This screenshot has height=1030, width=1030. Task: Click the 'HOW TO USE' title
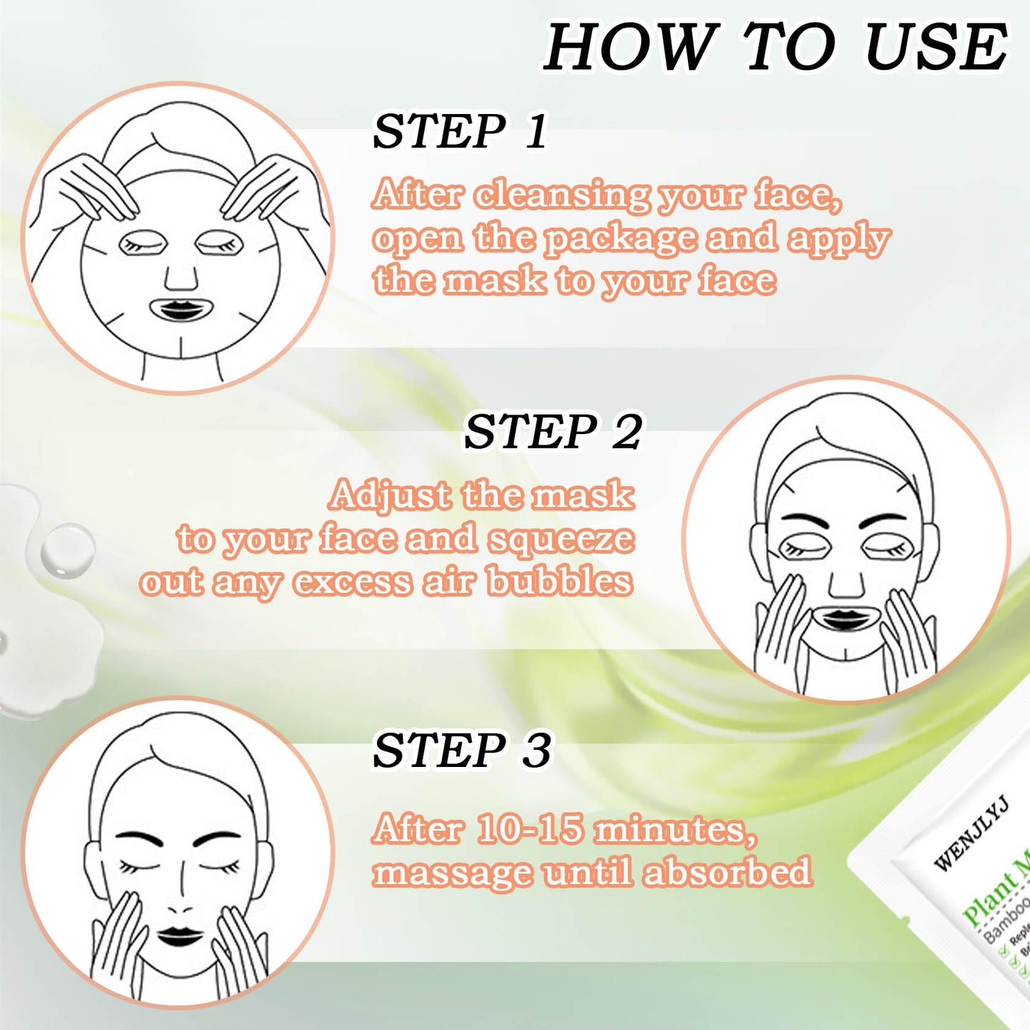click(x=776, y=47)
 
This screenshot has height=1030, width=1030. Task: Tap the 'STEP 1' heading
click(x=460, y=131)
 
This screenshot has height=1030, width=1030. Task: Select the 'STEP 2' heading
click(x=552, y=432)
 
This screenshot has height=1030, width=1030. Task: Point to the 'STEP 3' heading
click(x=462, y=751)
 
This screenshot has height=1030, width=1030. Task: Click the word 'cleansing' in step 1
click(x=562, y=195)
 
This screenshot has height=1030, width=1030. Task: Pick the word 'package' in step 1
click(x=620, y=240)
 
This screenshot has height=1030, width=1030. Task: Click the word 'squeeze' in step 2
click(x=561, y=540)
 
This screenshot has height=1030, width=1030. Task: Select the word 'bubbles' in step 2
click(x=560, y=582)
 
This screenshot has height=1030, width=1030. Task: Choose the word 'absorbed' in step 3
click(x=727, y=872)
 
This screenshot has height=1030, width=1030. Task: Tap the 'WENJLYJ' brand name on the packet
click(x=971, y=833)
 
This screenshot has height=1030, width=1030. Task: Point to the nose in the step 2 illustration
click(x=846, y=583)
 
